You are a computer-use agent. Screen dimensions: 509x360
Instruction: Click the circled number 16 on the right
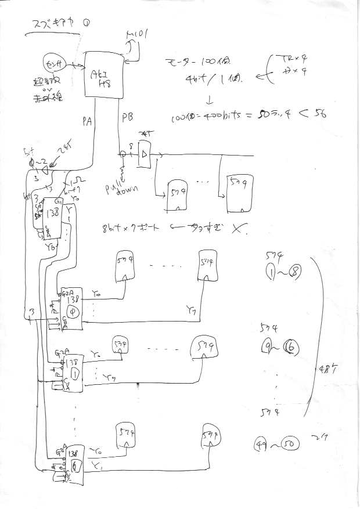point(291,348)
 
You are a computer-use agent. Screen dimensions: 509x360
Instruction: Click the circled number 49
point(261,446)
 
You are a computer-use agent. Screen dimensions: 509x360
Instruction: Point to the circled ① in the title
point(86,24)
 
